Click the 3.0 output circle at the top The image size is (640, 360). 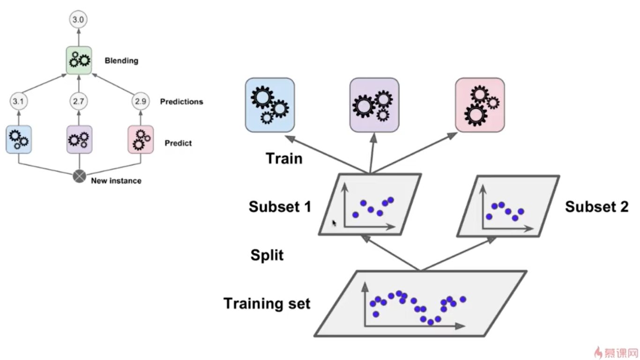click(x=78, y=20)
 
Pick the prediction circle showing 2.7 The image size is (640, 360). click(x=78, y=101)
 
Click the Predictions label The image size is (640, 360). click(x=181, y=101)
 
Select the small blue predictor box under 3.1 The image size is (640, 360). click(x=19, y=139)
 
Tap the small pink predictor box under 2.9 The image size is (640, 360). click(x=141, y=139)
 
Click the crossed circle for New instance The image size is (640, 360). click(x=79, y=177)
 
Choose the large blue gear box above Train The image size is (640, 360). click(x=270, y=105)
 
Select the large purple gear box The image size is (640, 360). click(x=374, y=105)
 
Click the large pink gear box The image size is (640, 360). click(x=480, y=105)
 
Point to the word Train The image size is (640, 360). click(x=284, y=158)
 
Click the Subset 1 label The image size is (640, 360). click(x=280, y=206)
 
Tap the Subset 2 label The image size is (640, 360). click(x=596, y=206)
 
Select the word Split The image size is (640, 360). click(x=267, y=255)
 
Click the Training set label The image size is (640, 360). click(x=267, y=303)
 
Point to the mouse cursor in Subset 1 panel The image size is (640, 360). click(x=334, y=224)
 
